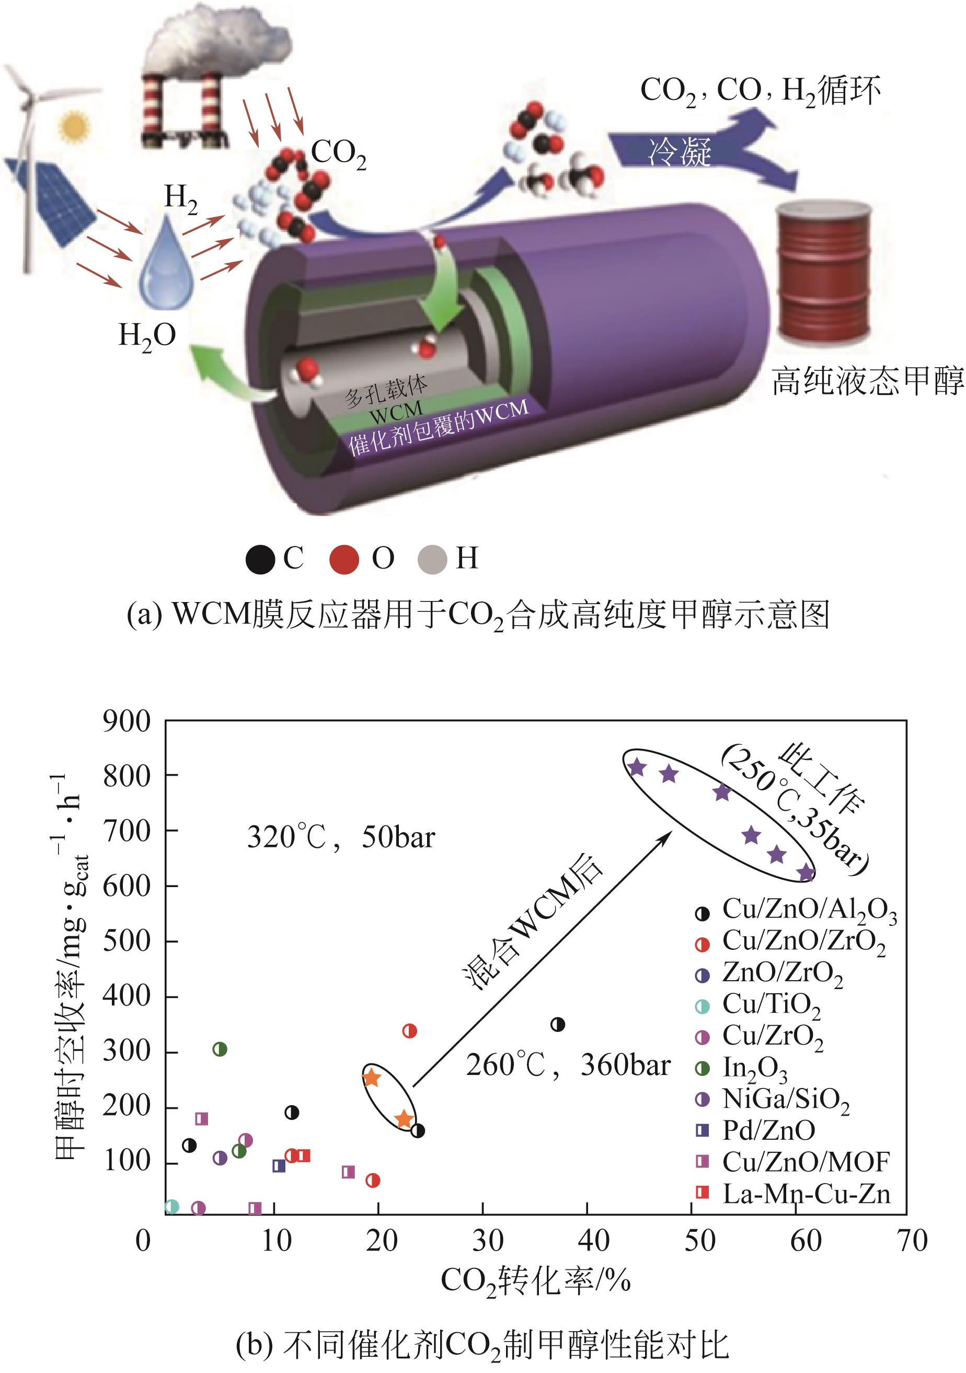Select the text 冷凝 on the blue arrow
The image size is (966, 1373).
[680, 150]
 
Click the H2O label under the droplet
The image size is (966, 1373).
[147, 336]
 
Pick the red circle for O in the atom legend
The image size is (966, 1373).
[344, 560]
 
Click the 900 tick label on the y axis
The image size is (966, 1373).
[126, 722]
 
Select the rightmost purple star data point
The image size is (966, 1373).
[807, 873]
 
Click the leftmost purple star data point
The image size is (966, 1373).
[637, 767]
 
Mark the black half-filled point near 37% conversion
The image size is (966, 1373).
[558, 1024]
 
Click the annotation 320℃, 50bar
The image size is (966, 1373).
[341, 837]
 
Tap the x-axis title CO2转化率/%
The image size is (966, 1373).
[536, 1281]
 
